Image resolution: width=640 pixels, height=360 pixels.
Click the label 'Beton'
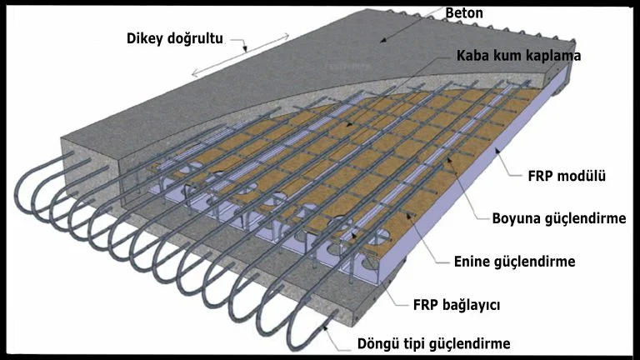coord(464,13)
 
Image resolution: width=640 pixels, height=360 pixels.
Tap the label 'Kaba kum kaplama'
coord(518,57)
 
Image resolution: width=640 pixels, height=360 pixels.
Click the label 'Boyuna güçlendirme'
coord(559,218)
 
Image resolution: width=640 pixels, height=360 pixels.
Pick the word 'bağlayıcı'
coord(472,306)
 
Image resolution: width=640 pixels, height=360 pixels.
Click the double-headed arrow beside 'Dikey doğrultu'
coord(241,54)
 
